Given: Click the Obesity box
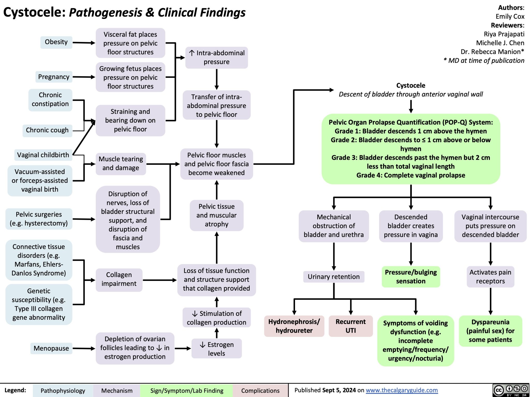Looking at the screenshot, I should tap(56, 42).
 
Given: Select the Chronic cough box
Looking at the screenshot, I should tap(47, 130).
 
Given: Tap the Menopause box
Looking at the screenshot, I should tap(51, 348).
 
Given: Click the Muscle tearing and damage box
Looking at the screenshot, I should tap(121, 164).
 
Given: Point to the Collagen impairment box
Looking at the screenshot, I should tap(119, 279).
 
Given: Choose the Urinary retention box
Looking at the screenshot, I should tap(334, 277).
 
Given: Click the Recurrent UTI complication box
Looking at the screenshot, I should tap(350, 326).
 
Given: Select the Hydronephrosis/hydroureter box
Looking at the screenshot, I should tap(294, 326).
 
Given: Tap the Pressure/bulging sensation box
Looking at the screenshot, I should tap(411, 277).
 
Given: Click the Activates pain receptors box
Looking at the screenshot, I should tap(490, 277).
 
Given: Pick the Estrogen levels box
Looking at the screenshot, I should tap(217, 349).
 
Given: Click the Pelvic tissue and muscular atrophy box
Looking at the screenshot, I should tap(217, 215).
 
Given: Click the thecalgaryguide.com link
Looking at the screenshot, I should tap(402, 390).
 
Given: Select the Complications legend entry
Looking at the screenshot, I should tap(260, 391).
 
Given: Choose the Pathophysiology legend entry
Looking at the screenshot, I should tap(63, 391).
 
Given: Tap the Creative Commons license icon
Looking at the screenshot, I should tap(511, 390).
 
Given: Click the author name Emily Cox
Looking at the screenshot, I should tap(510, 17).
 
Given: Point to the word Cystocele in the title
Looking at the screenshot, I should tap(34, 12).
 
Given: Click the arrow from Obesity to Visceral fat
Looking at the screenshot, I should tap(84, 43).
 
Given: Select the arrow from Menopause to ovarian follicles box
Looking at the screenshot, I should tap(84, 349).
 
